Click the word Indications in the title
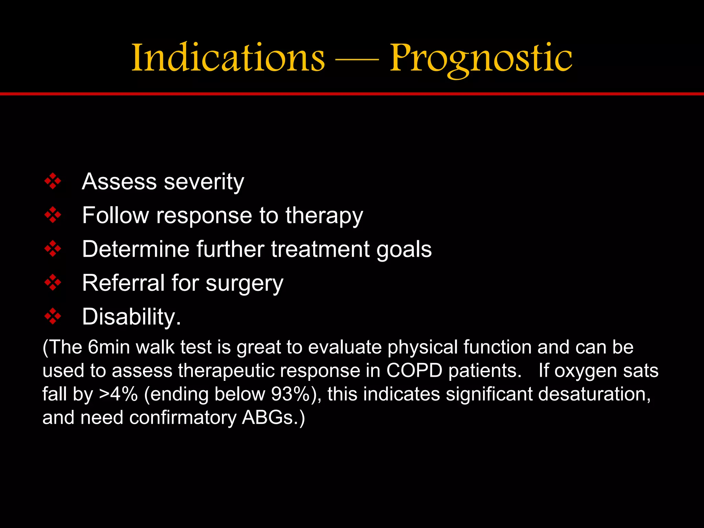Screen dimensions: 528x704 [x=228, y=57]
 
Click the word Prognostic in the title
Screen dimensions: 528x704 [x=481, y=58]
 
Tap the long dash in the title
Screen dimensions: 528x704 [x=357, y=59]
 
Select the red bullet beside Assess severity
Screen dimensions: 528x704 [x=53, y=181]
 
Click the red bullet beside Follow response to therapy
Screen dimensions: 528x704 [x=53, y=215]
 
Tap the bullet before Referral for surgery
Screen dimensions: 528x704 [x=53, y=283]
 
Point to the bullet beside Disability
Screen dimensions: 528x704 [x=53, y=316]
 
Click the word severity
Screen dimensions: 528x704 [x=204, y=181]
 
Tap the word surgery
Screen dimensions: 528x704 [x=244, y=284]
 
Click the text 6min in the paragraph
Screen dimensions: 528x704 [x=109, y=347]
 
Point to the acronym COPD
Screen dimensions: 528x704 [x=414, y=371]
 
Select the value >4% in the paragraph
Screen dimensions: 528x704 [x=119, y=394]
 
